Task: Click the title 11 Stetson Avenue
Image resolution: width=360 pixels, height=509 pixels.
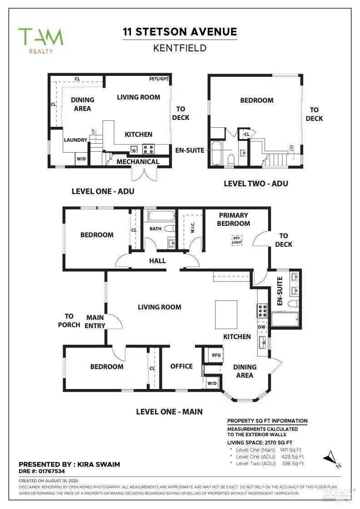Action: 180,32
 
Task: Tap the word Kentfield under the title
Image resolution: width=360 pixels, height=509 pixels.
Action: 180,48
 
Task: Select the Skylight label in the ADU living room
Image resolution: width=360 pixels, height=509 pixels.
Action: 159,79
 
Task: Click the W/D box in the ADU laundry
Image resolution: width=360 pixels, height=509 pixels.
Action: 81,159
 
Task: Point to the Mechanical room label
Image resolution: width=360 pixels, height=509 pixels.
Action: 138,162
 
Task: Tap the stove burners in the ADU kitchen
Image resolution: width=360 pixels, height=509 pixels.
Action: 148,149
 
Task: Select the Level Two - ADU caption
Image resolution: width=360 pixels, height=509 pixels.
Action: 256,184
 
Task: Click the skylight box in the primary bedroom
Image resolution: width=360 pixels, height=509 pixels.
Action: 237,240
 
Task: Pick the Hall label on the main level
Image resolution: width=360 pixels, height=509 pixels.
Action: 157,261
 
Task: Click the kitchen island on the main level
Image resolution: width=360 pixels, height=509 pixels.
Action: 226,314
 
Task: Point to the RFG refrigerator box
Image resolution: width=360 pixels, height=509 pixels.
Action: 216,355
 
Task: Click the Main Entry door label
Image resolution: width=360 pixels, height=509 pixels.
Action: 95,321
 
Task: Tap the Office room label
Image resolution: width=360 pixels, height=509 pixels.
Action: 181,366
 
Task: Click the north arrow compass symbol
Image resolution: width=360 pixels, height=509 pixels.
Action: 332,458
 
